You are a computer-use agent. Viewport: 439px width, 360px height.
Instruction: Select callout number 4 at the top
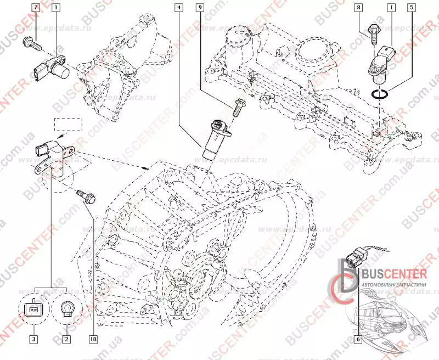click(x=179, y=8)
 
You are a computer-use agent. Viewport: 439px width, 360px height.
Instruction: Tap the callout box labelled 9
click(x=200, y=8)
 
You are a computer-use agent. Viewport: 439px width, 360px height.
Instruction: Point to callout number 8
click(x=359, y=8)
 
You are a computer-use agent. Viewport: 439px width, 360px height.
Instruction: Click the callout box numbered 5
click(x=411, y=8)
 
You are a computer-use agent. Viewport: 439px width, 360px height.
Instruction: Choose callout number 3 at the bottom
click(x=34, y=339)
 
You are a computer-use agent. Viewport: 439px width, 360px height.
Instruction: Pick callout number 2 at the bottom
click(x=66, y=339)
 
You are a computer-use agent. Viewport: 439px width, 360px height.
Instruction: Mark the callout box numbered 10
click(x=93, y=339)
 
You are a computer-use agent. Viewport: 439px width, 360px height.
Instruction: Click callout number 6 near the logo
click(x=358, y=339)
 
